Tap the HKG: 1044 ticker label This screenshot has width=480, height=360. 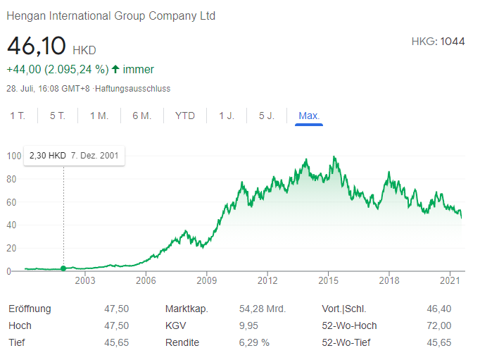click(438, 42)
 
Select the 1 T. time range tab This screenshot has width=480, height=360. click(18, 116)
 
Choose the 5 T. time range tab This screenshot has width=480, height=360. click(58, 116)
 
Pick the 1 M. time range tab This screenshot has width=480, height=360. click(99, 116)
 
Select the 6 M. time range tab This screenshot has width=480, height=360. click(141, 116)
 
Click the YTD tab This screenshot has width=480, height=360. click(185, 116)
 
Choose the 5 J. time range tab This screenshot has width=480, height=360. click(267, 116)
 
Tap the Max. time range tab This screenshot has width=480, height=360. click(309, 116)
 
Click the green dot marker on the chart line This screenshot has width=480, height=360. click(63, 268)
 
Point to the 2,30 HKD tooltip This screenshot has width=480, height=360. click(74, 155)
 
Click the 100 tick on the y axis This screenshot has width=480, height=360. click(14, 156)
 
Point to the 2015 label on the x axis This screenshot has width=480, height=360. click(329, 280)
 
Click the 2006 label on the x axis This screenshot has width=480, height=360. click(146, 280)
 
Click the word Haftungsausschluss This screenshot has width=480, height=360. click(132, 89)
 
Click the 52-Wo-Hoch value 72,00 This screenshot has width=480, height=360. click(438, 325)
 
